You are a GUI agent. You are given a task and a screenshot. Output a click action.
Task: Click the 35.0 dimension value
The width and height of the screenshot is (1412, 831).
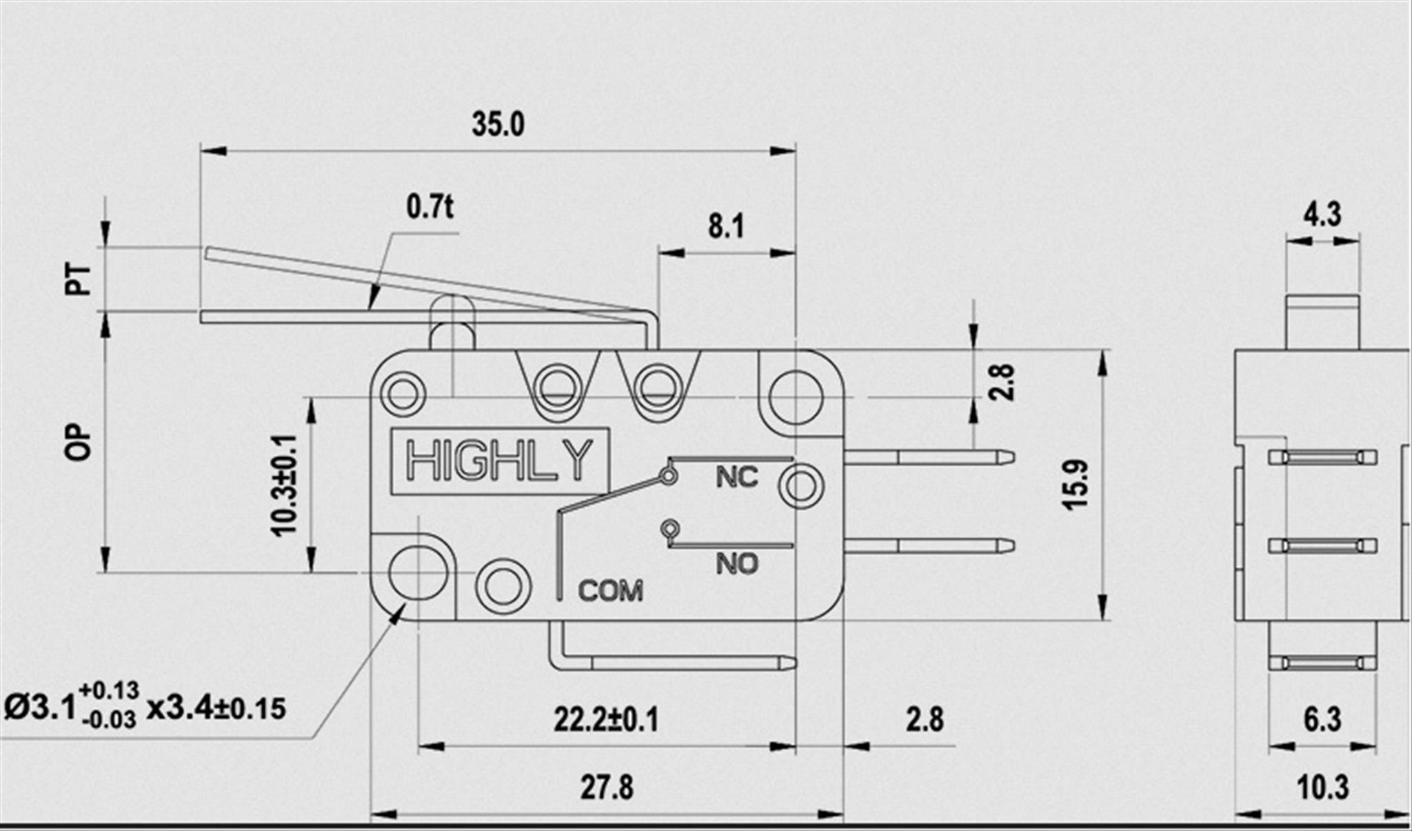pyautogui.click(x=498, y=124)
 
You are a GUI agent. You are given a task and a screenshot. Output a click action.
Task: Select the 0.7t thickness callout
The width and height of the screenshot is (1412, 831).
pyautogui.click(x=430, y=206)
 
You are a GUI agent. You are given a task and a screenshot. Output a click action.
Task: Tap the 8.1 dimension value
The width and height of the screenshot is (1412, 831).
pyautogui.click(x=726, y=226)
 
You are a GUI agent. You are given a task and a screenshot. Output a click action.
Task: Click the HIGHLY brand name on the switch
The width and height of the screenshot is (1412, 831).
pyautogui.click(x=499, y=460)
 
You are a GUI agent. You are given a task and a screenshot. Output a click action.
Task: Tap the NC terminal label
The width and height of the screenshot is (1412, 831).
pyautogui.click(x=736, y=477)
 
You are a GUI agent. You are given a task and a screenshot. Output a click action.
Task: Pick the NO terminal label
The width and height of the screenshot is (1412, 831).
pyautogui.click(x=736, y=563)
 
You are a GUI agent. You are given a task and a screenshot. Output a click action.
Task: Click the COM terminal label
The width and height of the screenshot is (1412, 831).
pyautogui.click(x=610, y=590)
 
